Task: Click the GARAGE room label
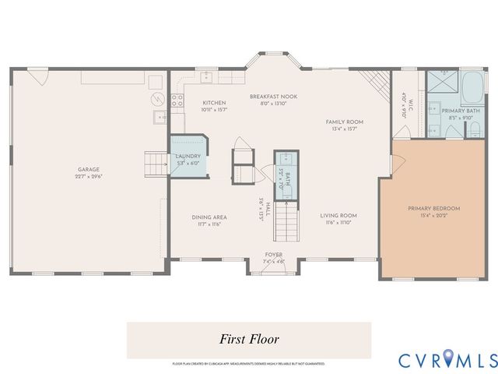89,169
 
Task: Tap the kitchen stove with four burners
177,100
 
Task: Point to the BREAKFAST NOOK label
273,96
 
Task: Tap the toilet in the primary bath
472,129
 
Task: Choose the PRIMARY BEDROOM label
433,208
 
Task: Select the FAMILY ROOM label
344,122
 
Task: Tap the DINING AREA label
209,217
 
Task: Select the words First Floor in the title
250,340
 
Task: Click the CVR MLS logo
447,360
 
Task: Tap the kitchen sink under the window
206,77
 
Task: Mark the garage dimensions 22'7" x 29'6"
89,177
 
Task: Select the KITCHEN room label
214,103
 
